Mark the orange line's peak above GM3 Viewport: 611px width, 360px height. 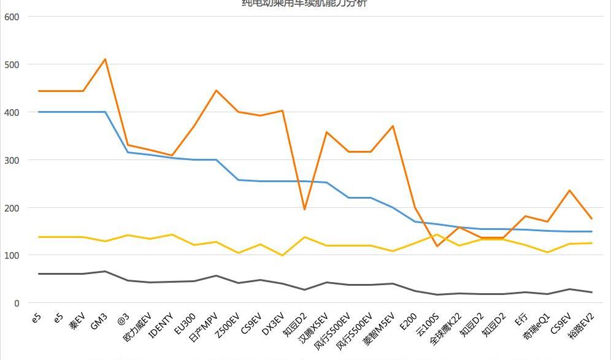click(x=105, y=59)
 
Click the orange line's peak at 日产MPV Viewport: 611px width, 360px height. click(x=216, y=91)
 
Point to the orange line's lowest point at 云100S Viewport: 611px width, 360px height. click(x=437, y=246)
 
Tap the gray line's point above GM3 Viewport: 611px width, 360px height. click(x=105, y=271)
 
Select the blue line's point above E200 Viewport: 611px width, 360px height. click(x=415, y=221)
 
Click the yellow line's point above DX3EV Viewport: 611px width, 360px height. click(x=282, y=255)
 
